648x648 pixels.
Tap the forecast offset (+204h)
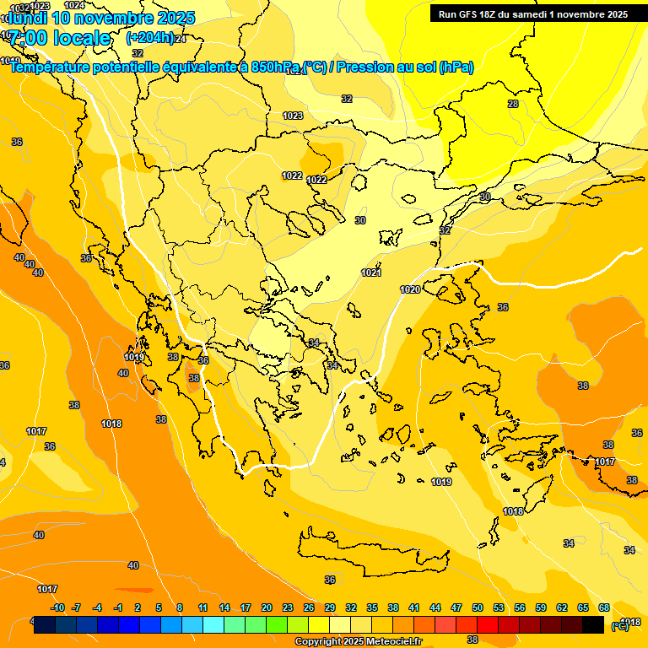click(x=149, y=37)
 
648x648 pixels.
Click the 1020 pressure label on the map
click(x=410, y=289)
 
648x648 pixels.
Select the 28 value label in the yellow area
click(x=513, y=104)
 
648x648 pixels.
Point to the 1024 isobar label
click(x=74, y=5)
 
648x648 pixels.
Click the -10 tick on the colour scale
click(x=57, y=607)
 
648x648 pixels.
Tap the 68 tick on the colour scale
click(x=604, y=607)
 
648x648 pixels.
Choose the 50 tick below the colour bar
click(x=478, y=607)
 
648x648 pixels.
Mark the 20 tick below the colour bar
click(x=267, y=607)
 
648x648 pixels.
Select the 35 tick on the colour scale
click(x=372, y=607)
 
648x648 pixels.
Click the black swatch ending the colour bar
click(x=593, y=624)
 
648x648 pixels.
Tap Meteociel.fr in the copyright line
click(x=393, y=642)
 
